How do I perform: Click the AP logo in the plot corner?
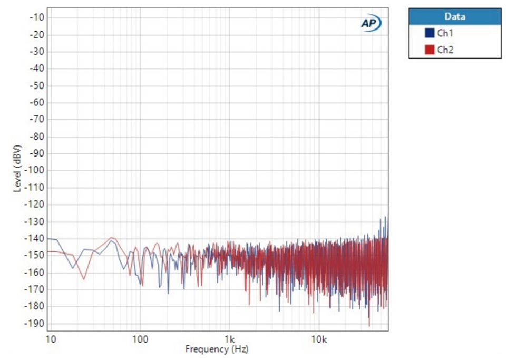click(x=370, y=22)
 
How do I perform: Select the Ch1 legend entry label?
click(x=445, y=33)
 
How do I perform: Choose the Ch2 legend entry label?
click(x=445, y=50)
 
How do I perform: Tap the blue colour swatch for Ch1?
click(x=429, y=33)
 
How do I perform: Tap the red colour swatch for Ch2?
click(x=429, y=50)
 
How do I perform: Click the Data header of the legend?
click(x=455, y=16)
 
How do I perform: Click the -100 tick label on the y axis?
click(x=34, y=170)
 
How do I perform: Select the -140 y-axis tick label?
click(x=34, y=238)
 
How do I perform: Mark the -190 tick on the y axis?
click(x=34, y=323)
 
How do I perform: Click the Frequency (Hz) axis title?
click(x=217, y=348)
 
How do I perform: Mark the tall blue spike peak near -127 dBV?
click(x=386, y=217)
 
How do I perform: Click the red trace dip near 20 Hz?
click(x=83, y=279)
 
